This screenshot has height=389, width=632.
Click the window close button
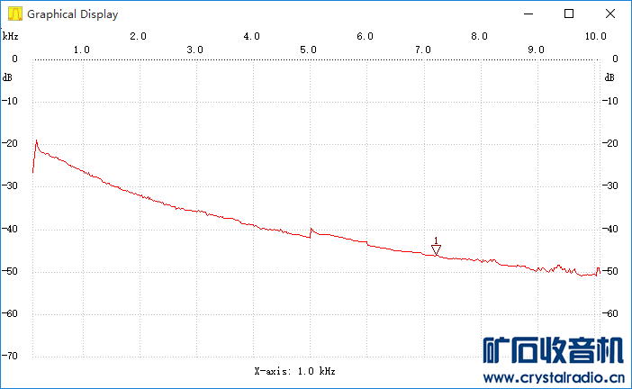pos(610,14)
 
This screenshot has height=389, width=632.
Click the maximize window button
pos(569,14)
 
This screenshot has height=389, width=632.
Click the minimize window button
pos(528,14)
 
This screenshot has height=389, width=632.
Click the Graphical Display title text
pos(72,14)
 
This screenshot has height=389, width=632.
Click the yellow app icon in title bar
pos(14,14)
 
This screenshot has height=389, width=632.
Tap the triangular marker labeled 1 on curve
pos(436,249)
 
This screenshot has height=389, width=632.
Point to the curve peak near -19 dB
pos(37,140)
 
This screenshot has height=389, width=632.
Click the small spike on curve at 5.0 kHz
pos(311,229)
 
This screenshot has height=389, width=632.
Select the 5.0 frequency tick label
pos(308,50)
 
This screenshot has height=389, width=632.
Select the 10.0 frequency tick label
pos(594,36)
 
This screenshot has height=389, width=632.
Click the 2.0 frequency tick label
pos(138,36)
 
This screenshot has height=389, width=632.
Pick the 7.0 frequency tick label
pos(422,50)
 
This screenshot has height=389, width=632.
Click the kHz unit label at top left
pos(10,36)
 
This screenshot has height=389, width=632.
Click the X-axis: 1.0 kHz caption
pos(294,371)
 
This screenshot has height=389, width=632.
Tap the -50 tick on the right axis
pos(611,271)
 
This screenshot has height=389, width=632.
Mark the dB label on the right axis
pos(610,77)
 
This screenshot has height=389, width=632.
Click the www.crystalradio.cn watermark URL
pos(554,378)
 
